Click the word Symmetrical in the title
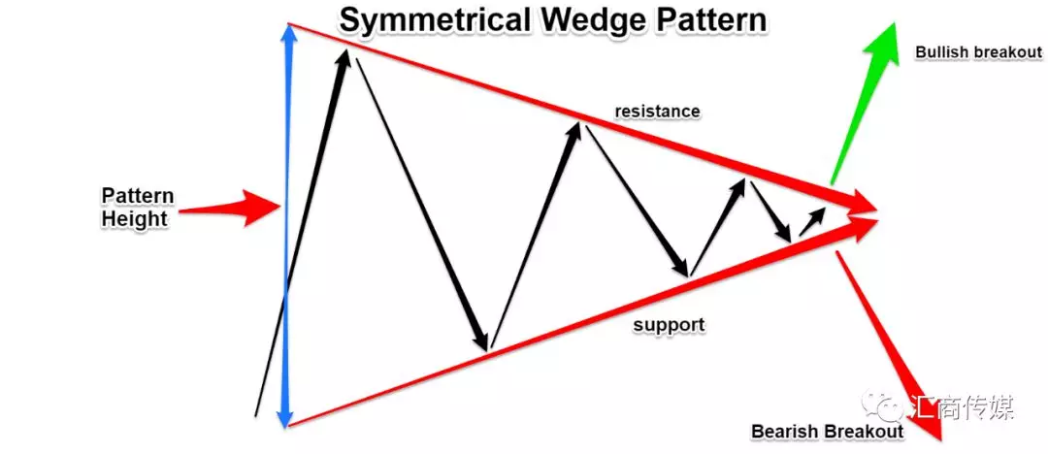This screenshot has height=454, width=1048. pos(435,21)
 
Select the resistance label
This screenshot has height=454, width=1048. pos(657,112)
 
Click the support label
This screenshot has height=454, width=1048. pos(669,326)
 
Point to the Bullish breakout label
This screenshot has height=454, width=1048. pos(978,52)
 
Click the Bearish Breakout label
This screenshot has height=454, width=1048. pos(828,432)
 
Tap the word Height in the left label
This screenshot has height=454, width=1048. pos(134,218)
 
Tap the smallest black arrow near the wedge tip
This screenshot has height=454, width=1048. pos(812,221)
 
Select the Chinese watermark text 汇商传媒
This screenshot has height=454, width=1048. pos(962,406)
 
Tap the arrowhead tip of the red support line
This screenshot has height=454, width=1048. pos(877,218)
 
